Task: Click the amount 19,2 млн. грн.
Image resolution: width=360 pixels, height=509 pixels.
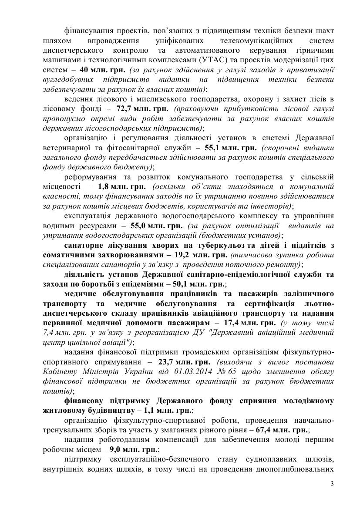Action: tap(202, 255)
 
